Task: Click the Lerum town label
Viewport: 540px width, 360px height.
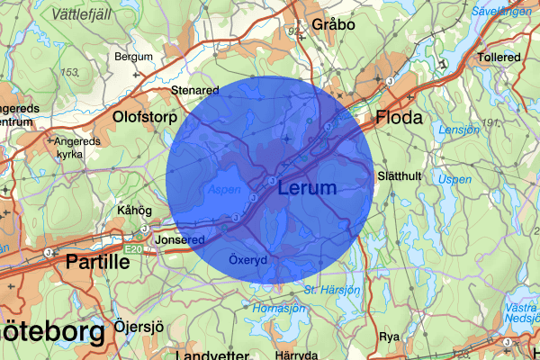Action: (307, 189)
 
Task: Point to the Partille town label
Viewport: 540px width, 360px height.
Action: (97, 262)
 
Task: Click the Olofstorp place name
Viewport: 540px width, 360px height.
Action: (143, 116)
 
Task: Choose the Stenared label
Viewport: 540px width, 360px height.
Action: (195, 90)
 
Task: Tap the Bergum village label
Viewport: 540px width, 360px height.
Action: (133, 57)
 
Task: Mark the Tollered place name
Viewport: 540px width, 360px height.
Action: (499, 57)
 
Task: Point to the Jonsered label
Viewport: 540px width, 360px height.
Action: (181, 240)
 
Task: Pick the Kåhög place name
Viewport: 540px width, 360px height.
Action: (136, 211)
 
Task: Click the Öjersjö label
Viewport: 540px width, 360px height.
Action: (139, 325)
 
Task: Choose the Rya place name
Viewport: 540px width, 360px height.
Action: (390, 336)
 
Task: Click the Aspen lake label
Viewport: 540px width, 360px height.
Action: (223, 190)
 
